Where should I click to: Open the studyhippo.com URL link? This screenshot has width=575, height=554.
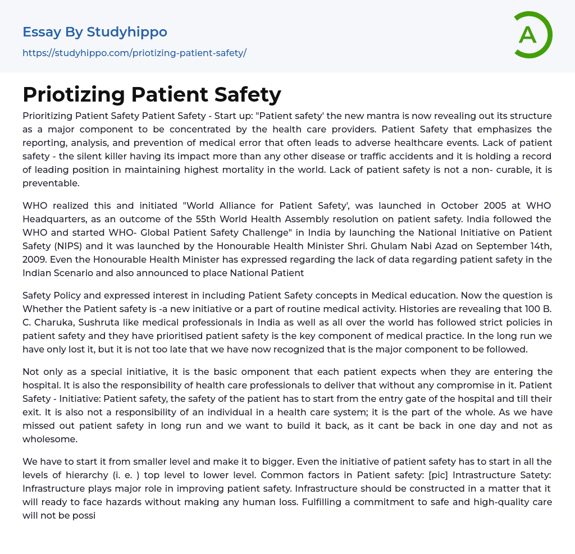coord(134,53)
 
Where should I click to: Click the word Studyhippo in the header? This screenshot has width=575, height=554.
coord(127,33)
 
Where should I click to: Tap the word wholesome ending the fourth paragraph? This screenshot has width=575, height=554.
coord(50,439)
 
